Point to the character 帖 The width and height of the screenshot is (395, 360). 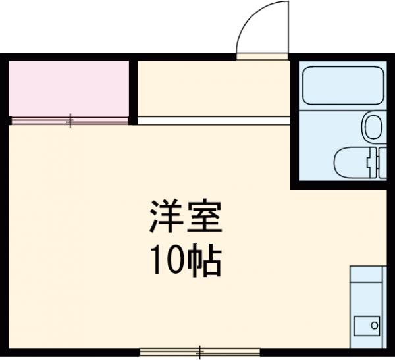205,262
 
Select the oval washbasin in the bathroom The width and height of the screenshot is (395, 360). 373,126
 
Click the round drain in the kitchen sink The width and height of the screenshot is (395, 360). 374,325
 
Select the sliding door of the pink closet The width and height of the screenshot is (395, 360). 69,120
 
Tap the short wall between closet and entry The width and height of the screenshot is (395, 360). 133,91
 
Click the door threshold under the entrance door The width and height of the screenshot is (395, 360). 262,57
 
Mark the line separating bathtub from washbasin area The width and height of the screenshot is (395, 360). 342,109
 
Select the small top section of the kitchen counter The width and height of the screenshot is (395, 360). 366,273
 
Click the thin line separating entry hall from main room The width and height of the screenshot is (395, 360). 213,120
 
